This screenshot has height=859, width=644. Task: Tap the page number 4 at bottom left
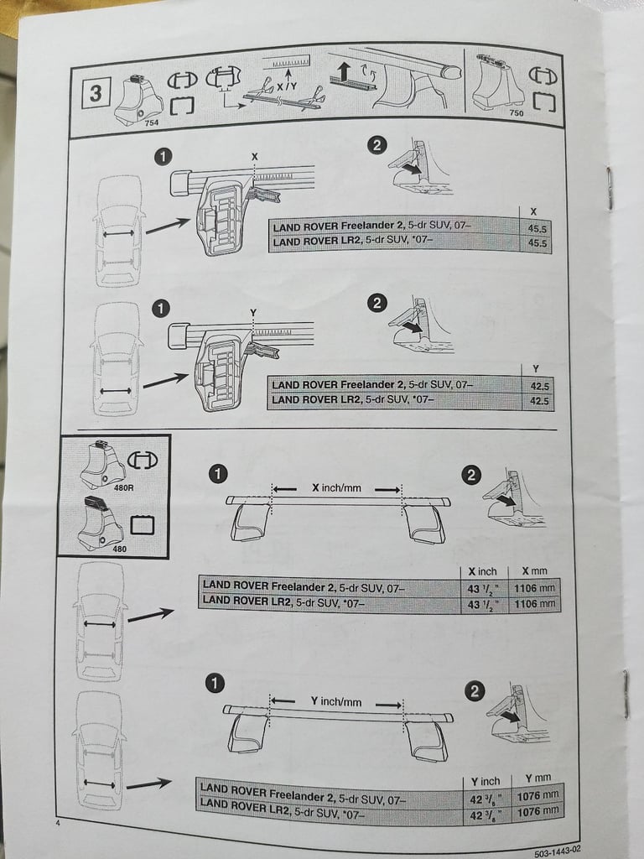tap(58, 824)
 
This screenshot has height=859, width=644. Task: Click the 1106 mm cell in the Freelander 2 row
tap(534, 588)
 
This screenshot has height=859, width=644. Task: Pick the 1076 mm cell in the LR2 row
tap(538, 811)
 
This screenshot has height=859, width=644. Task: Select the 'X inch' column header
tap(482, 571)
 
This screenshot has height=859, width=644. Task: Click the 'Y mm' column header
tap(539, 779)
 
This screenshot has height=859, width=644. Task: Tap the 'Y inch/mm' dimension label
tap(335, 701)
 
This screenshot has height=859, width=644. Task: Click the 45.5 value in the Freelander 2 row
tap(538, 226)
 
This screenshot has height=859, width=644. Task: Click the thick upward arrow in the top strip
tap(345, 72)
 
